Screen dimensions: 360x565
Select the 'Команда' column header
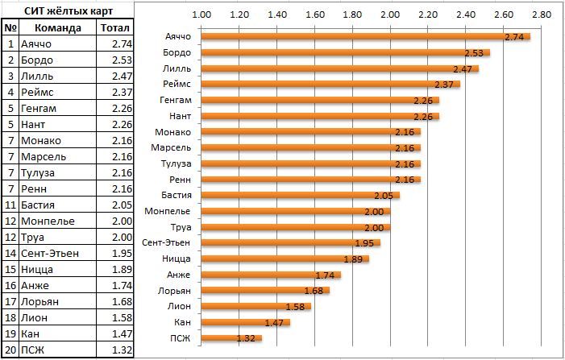click(x=58, y=28)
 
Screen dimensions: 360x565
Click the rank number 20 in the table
click(x=10, y=349)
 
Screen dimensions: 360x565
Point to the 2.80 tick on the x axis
click(x=540, y=15)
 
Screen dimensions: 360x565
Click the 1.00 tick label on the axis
click(x=201, y=15)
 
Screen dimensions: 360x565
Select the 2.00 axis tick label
click(x=389, y=15)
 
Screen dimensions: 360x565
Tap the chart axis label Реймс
click(x=177, y=85)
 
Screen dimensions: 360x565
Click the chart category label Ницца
click(x=177, y=259)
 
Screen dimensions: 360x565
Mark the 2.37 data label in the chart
click(x=445, y=85)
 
